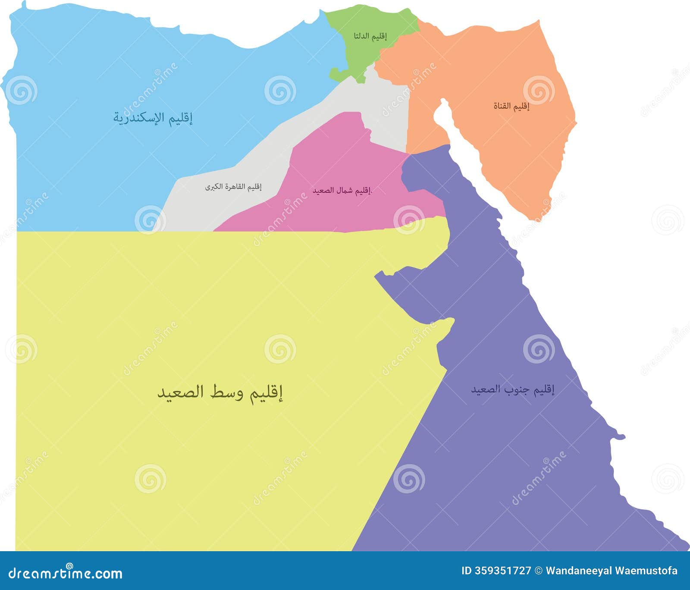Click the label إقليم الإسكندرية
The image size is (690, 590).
click(153, 118)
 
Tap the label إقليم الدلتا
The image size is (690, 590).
click(370, 36)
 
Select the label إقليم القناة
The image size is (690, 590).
click(511, 106)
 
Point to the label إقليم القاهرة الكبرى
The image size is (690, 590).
click(233, 187)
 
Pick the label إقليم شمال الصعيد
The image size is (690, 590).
click(342, 190)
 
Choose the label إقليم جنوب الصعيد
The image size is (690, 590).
click(512, 390)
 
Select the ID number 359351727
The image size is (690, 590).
click(503, 571)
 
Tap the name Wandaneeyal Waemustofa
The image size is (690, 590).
click(612, 571)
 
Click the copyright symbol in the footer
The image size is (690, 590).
click(539, 571)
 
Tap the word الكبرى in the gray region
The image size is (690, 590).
click(214, 187)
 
